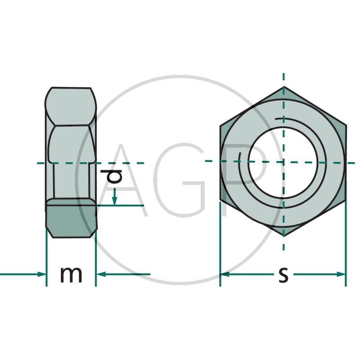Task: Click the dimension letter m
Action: coord(71,275)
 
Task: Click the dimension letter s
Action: coord(283,275)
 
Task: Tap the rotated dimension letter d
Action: coord(111,177)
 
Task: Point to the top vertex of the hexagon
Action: coord(284,87)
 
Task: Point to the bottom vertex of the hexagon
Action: coord(284,236)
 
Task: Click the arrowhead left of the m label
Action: coord(41,274)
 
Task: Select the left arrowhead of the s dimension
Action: coord(225,274)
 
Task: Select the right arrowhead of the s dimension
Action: coord(341,274)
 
